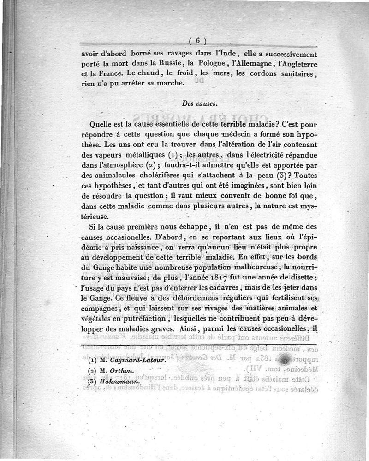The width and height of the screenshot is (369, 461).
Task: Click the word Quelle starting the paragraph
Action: (x=102, y=125)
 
